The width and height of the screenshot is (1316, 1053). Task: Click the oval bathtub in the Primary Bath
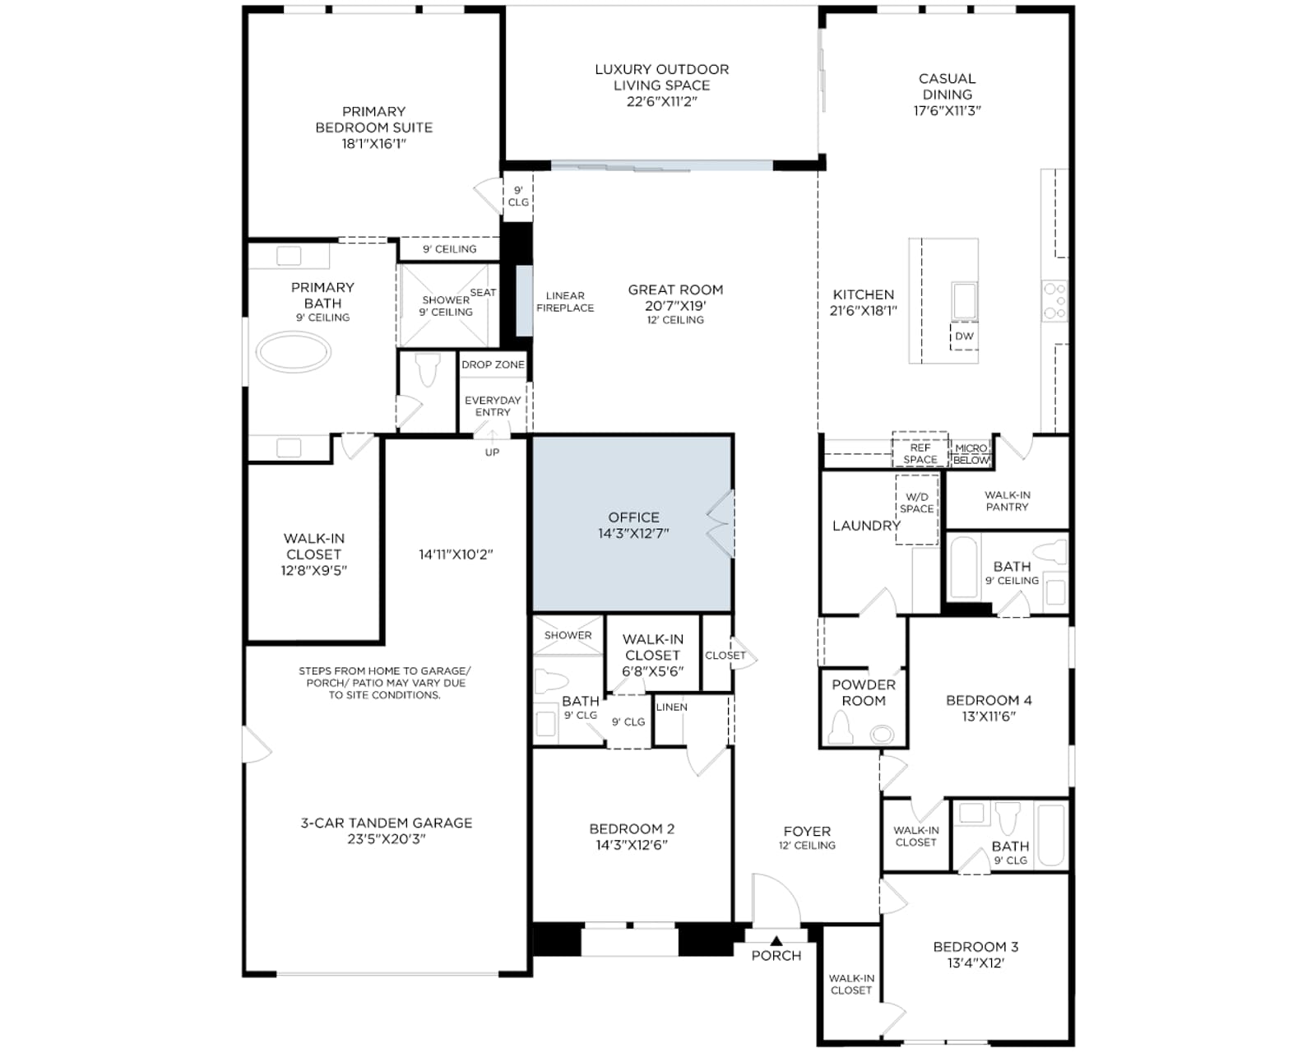[294, 352]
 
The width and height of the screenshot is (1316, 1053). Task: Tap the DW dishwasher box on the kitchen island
[964, 336]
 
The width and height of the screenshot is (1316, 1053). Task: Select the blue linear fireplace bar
[524, 300]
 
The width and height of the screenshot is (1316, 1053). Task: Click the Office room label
[633, 517]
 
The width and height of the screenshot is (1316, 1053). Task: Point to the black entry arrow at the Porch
[776, 941]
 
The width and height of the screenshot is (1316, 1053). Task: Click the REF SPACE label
[920, 453]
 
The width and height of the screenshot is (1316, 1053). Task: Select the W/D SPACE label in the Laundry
[916, 503]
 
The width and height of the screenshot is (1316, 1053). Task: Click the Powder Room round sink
[882, 735]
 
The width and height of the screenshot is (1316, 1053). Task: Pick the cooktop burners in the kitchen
[1055, 300]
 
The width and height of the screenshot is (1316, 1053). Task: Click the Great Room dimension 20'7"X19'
[675, 305]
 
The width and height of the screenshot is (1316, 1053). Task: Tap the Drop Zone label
[493, 364]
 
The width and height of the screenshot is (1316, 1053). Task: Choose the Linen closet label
[671, 707]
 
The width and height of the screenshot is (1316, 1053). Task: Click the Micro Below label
[971, 454]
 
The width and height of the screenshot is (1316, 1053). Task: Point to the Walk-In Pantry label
[1008, 500]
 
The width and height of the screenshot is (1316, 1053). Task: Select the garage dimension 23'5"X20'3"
[386, 839]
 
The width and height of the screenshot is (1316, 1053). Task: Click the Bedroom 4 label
[989, 700]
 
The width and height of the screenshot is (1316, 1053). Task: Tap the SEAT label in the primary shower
[483, 293]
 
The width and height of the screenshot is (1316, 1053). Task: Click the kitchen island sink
[964, 301]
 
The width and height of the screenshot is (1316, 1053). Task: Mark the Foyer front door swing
[776, 898]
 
